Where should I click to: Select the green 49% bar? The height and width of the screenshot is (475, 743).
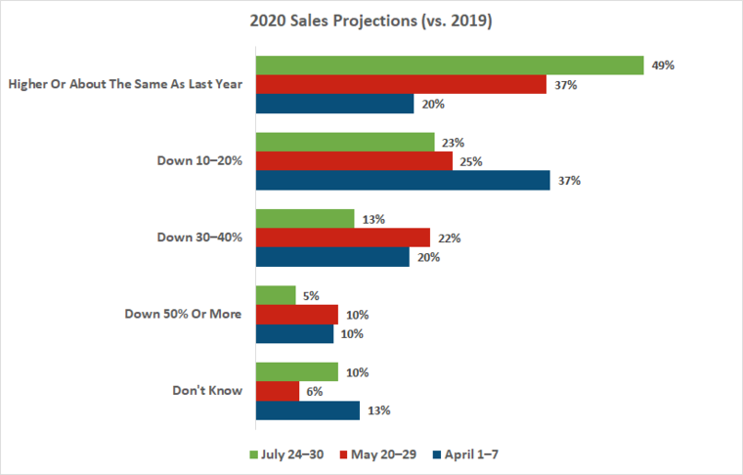[x=449, y=65]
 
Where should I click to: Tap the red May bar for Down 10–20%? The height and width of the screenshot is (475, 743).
[x=354, y=161]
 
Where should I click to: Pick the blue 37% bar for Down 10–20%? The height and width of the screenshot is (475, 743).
[x=403, y=180]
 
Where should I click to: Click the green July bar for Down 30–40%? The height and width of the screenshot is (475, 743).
[x=305, y=219]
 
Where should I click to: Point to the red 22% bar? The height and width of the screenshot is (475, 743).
[x=342, y=237]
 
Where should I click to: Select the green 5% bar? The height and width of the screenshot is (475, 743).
[x=276, y=295]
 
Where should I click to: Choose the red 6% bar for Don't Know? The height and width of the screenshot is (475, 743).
[x=278, y=391]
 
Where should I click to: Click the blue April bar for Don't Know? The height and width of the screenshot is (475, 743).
[x=308, y=410]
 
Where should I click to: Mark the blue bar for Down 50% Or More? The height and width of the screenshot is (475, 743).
[x=295, y=333]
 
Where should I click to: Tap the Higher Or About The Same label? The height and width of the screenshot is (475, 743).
[x=124, y=84]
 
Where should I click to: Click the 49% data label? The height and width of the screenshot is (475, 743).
[x=664, y=65]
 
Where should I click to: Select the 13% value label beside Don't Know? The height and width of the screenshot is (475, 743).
[x=378, y=410]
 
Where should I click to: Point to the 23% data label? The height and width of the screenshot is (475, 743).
[x=453, y=142]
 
